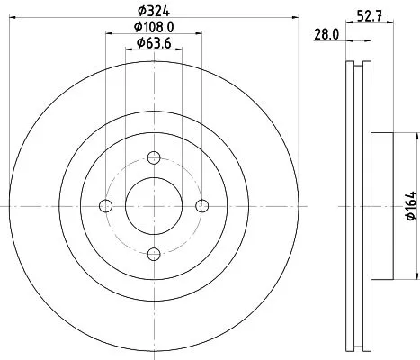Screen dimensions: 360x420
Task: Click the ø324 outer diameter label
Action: pyautogui.click(x=154, y=12)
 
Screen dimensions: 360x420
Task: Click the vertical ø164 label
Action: pyautogui.click(x=409, y=207)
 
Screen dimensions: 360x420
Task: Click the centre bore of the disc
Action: pyautogui.click(x=154, y=206)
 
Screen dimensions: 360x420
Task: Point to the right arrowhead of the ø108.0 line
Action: pyautogui.click(x=199, y=35)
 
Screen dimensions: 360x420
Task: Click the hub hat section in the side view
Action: pyautogui.click(x=381, y=206)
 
